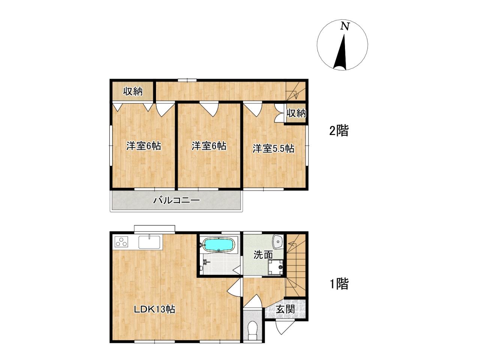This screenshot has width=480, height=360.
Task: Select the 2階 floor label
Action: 339,131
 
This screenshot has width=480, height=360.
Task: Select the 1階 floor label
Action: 339,284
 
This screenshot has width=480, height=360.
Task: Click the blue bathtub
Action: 219,245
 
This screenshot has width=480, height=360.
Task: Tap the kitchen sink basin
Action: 149,242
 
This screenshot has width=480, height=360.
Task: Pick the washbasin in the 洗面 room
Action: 278,242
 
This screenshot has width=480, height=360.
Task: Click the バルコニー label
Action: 176,200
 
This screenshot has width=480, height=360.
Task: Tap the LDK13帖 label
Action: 154,309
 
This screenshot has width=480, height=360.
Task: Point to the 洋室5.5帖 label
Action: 273,148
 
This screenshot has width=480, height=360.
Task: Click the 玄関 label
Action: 285,309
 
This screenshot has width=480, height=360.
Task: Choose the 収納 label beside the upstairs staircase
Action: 296,113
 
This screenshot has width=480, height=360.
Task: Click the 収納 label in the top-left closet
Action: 133,91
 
